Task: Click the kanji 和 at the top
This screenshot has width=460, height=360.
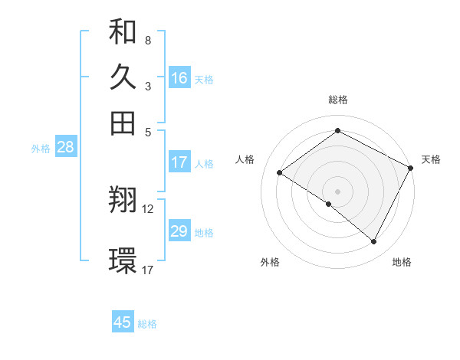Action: (123, 32)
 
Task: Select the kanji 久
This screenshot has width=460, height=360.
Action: (123, 77)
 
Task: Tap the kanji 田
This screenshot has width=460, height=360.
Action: (123, 123)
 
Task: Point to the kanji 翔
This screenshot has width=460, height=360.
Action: (123, 201)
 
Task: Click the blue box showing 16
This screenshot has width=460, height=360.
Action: (179, 77)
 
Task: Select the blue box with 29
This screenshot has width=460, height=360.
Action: (179, 231)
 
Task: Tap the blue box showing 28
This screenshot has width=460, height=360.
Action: (65, 148)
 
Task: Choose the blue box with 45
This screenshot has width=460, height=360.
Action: (123, 322)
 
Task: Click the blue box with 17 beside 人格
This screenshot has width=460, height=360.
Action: (179, 162)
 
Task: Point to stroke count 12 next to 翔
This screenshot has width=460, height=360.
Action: (148, 208)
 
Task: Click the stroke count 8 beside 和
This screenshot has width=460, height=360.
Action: (147, 40)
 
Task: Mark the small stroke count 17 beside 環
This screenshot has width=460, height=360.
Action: (148, 270)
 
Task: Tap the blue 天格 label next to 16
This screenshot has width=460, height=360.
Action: (204, 79)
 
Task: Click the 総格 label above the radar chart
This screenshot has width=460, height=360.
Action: (338, 100)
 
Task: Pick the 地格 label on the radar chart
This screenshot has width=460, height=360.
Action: (402, 263)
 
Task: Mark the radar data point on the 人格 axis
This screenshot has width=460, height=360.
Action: (279, 172)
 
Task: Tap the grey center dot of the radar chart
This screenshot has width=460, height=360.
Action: (337, 191)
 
